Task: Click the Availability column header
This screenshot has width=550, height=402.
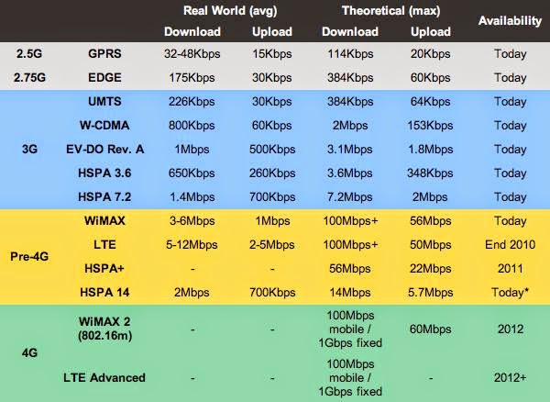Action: coord(509,20)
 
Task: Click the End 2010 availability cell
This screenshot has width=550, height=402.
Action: coord(509,244)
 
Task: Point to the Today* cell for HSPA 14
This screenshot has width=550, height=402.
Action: coord(509,292)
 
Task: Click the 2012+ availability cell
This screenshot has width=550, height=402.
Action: coord(509,377)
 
